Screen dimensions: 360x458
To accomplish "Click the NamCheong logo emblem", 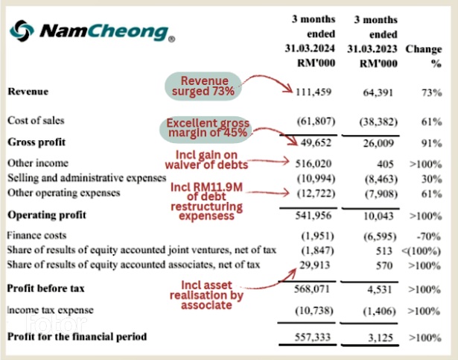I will pos(22,31).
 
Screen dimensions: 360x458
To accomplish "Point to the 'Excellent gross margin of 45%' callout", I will pos(208,127).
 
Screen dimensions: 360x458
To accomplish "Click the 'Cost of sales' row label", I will pos(36,120).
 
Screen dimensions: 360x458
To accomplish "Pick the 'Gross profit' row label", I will pos(37,142).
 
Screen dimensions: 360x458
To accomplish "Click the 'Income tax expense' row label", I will pos(51,309).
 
